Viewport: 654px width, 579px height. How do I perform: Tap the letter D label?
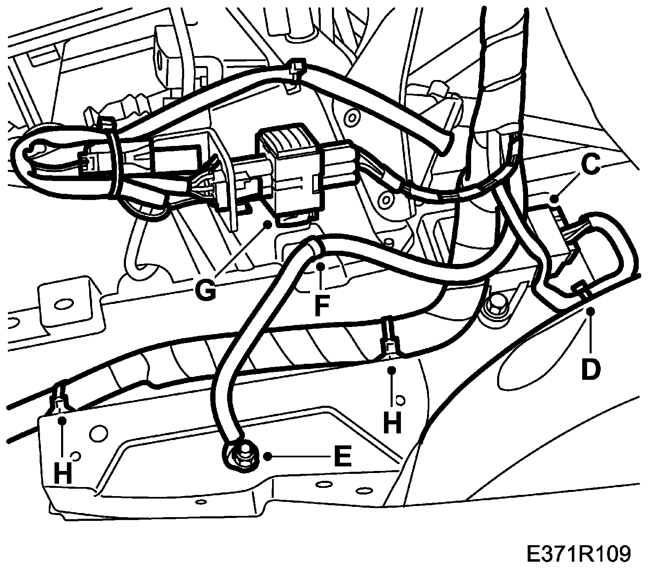point(591,369)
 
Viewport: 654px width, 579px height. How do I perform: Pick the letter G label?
point(205,289)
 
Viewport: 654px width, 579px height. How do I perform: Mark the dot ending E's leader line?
point(268,456)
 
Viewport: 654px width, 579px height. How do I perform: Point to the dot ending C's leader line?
point(554,200)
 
